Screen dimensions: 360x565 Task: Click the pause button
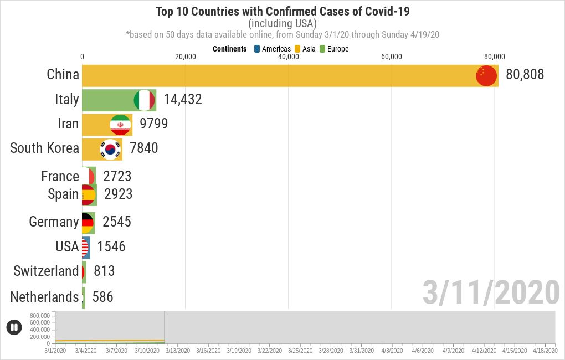[14, 327]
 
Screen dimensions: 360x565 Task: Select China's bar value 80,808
[525, 75]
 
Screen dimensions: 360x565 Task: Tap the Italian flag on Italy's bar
[144, 100]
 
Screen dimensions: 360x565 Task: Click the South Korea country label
[44, 148]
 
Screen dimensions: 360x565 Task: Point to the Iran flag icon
[120, 125]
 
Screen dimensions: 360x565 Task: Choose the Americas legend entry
[272, 49]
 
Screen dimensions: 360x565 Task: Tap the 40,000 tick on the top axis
[288, 56]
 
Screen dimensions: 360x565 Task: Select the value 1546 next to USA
[111, 246]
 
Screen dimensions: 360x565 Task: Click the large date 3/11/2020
[491, 292]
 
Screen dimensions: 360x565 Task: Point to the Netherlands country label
[44, 297]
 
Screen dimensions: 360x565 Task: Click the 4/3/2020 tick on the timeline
[392, 351]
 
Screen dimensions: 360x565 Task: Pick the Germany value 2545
[116, 222]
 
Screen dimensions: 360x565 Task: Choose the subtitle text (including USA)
[282, 23]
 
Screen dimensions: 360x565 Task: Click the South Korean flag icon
[110, 149]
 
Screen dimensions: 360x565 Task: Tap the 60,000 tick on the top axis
[392, 56]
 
